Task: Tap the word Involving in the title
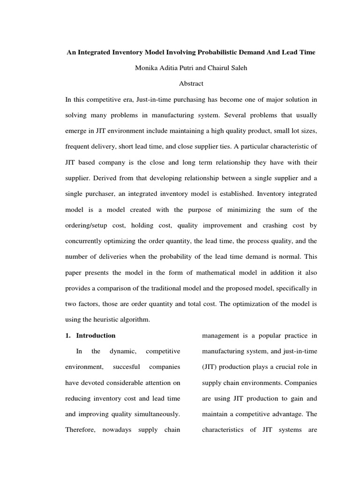click(180, 52)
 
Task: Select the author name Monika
click(148, 67)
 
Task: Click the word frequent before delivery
click(79, 146)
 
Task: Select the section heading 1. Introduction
click(90, 336)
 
